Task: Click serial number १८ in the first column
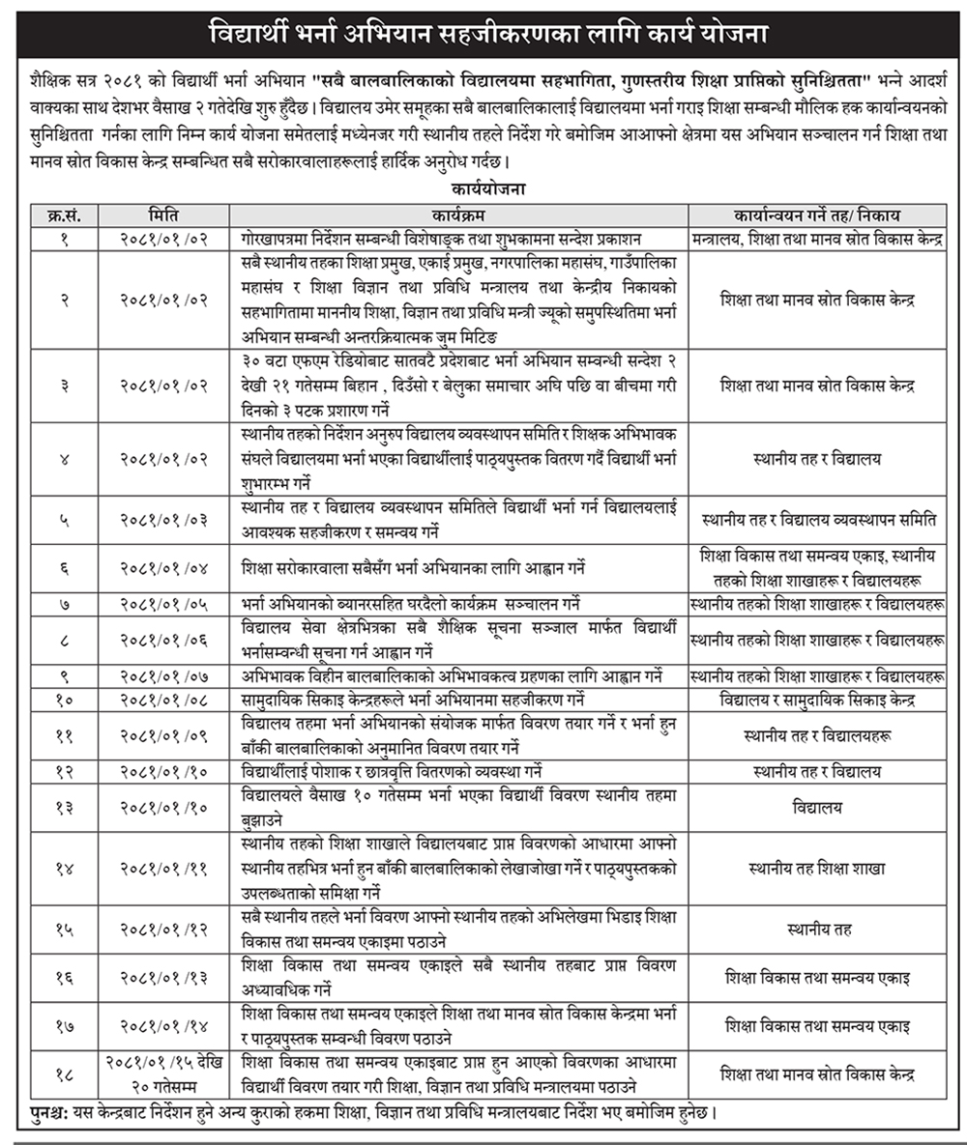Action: [64, 1073]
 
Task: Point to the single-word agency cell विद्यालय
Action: [817, 808]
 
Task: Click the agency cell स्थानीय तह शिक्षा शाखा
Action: [817, 869]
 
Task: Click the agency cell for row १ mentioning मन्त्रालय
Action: [817, 238]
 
